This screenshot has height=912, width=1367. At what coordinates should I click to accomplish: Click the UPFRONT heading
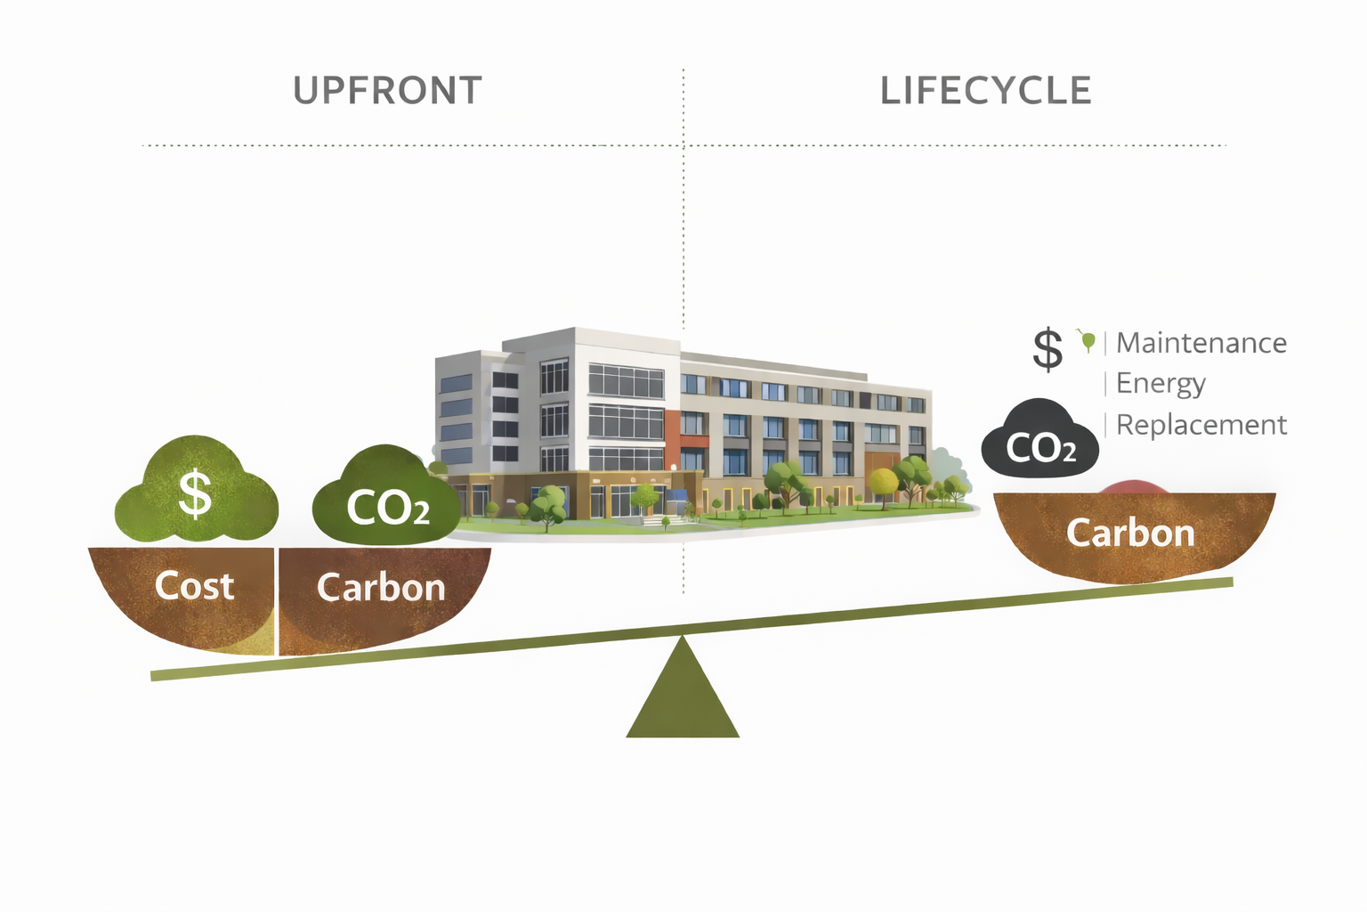pos(387,91)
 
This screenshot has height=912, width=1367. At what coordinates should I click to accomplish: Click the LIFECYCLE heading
pos(985,91)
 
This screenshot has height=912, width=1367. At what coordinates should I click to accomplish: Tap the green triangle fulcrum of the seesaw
pos(683,695)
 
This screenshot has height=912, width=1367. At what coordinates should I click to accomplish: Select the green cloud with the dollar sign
pos(196,493)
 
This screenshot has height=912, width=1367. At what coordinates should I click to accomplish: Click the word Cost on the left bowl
pos(194,586)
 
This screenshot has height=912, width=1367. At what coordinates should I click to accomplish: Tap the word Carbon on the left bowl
pos(381,588)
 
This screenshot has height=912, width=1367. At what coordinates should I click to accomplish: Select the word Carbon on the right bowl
pos(1130,533)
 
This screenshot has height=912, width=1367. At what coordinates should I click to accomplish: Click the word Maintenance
pos(1201,343)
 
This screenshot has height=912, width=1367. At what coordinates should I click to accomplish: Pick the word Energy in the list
pos(1161,384)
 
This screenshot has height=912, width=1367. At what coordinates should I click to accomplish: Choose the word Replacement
pos(1201,425)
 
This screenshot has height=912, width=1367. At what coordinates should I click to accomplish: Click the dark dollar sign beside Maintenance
pos(1047,348)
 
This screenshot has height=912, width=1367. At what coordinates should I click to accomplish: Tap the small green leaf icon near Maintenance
pos(1087,339)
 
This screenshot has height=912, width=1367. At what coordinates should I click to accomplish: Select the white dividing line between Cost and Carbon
pos(276,601)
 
